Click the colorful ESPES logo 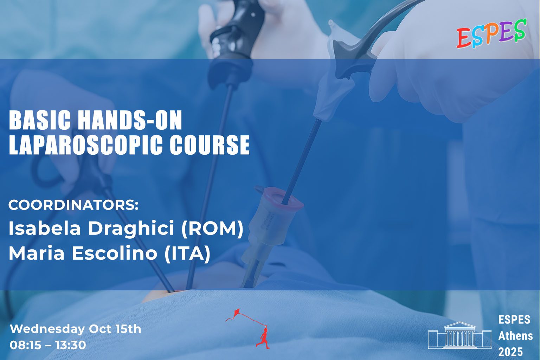coord(491,33)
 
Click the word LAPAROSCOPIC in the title coord(87,145)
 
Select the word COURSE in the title coord(210,145)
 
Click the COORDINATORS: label coord(73,205)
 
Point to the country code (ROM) coord(212,229)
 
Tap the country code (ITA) coord(187,254)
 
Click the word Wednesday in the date coord(47,329)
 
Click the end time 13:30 coord(70,345)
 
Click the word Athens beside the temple coord(515,336)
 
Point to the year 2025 coord(510,352)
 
